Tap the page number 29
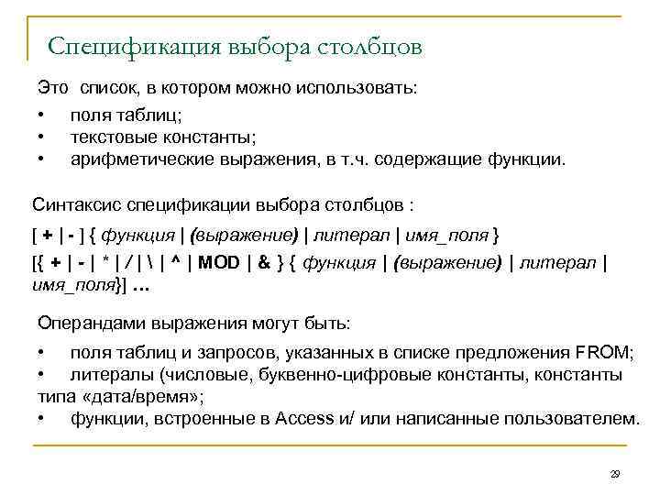615,473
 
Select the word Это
52,89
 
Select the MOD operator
218,263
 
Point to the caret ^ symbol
174,263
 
